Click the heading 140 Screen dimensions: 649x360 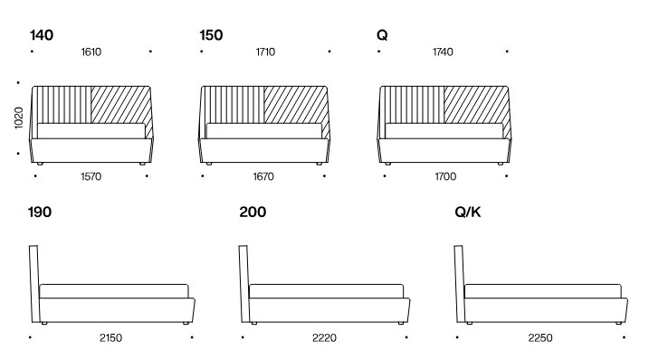pos(42,35)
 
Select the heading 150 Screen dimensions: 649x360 pos(211,35)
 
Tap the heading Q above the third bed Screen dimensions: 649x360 pos(382,35)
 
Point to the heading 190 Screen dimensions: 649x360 pos(40,213)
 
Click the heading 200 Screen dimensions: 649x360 pos(253,213)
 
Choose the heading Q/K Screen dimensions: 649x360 pos(468,213)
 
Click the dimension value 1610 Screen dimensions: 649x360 pos(91,52)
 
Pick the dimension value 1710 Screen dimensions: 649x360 pos(264,52)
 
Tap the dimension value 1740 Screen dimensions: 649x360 pos(443,52)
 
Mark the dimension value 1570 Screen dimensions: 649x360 pos(91,176)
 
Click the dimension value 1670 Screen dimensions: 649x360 pos(264,176)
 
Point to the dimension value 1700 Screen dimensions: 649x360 pos(443,176)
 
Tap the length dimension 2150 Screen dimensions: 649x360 pos(110,338)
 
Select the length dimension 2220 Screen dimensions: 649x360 pos(323,338)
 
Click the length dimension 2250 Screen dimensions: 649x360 pos(540,338)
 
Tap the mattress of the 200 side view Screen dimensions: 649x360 pos(326,290)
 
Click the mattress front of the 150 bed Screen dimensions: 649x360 pos(264,130)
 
